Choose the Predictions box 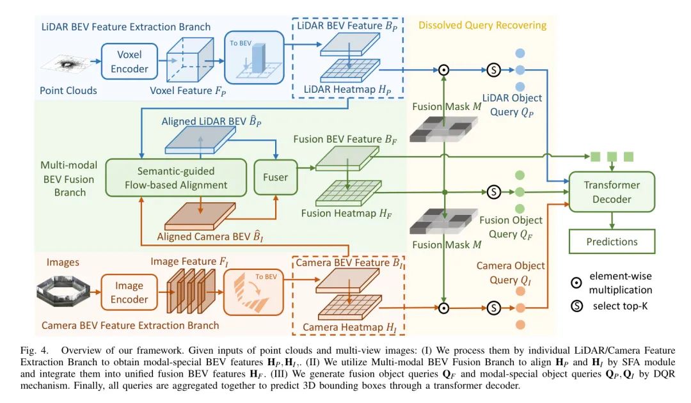pos(612,242)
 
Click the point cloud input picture pos(67,64)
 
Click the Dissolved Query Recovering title pos(482,26)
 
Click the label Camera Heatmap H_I pos(347,327)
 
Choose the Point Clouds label pos(68,90)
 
